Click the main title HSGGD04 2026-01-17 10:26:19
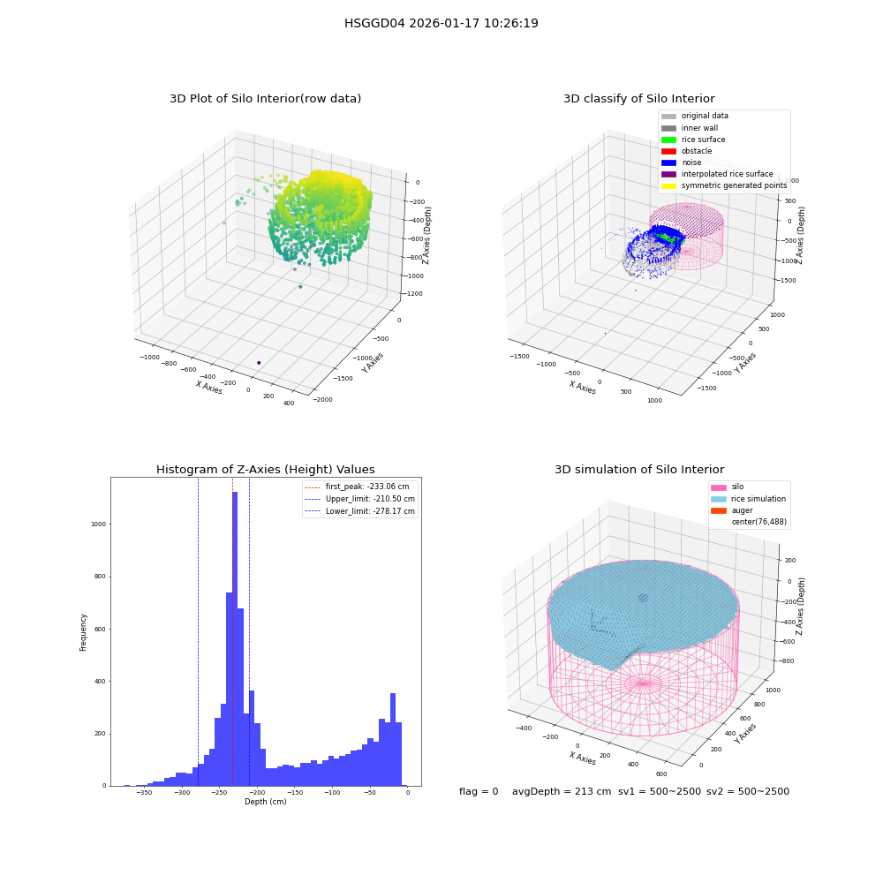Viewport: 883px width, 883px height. click(x=441, y=23)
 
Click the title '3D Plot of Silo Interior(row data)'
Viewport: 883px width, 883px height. click(x=265, y=99)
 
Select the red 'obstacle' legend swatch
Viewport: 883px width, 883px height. click(x=668, y=151)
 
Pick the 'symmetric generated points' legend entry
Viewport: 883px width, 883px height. click(x=724, y=185)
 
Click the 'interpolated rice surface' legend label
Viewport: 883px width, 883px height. click(x=727, y=174)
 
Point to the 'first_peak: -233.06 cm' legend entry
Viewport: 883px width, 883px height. click(x=357, y=487)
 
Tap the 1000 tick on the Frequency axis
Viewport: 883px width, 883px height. click(x=99, y=525)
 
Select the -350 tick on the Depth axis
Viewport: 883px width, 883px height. click(x=145, y=792)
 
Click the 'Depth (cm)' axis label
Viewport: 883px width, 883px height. click(x=265, y=802)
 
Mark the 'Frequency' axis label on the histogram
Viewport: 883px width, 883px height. click(x=83, y=632)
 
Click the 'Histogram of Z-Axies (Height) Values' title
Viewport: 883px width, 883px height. click(x=265, y=470)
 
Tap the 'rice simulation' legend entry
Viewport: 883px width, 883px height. click(x=749, y=499)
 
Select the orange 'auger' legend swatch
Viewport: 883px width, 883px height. click(x=719, y=510)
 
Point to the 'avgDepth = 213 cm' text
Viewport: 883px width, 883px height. click(x=562, y=791)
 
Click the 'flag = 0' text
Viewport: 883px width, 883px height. click(x=479, y=791)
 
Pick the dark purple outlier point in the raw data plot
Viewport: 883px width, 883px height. click(x=259, y=363)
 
